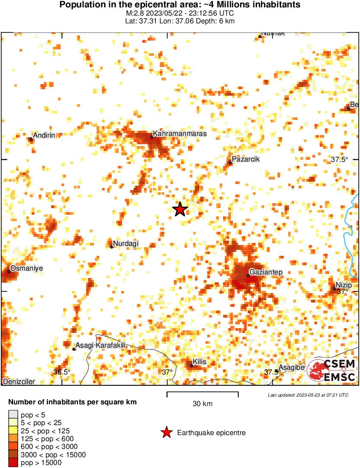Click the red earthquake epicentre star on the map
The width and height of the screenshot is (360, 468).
click(x=180, y=210)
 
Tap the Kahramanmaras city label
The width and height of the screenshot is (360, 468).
click(x=180, y=134)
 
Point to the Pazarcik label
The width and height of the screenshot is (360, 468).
click(x=246, y=159)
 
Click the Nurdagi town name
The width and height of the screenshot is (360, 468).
click(x=126, y=244)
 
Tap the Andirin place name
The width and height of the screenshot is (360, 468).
click(x=44, y=136)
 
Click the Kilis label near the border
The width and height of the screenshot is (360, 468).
click(x=199, y=362)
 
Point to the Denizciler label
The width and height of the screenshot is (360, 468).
click(x=19, y=381)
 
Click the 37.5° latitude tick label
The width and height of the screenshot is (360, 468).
click(x=340, y=159)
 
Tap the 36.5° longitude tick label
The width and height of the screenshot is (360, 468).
click(x=62, y=372)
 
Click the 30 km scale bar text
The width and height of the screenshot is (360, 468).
click(x=202, y=404)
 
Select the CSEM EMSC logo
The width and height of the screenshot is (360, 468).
click(x=332, y=371)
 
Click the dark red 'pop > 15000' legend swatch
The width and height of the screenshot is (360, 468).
click(x=13, y=463)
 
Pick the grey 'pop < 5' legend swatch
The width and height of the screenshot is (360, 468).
click(x=13, y=415)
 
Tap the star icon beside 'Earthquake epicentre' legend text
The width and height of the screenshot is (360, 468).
click(x=166, y=432)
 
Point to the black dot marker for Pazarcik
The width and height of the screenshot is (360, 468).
click(x=230, y=163)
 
